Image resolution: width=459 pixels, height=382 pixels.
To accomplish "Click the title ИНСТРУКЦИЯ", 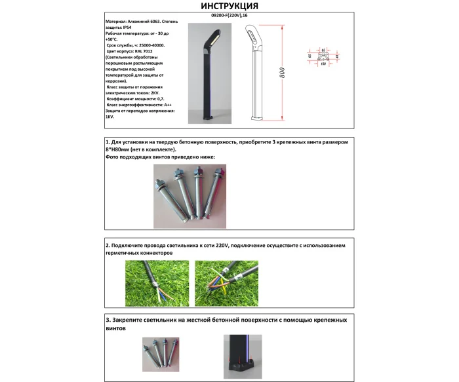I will tap(228, 7).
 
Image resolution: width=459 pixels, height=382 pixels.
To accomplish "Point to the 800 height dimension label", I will tap(281, 73).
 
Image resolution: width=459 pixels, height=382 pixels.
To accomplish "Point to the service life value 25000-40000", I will tap(150, 45).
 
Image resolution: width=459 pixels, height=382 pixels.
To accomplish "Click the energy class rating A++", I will tap(168, 105).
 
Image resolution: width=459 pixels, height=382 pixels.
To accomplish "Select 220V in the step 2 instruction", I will tap(222, 245).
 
